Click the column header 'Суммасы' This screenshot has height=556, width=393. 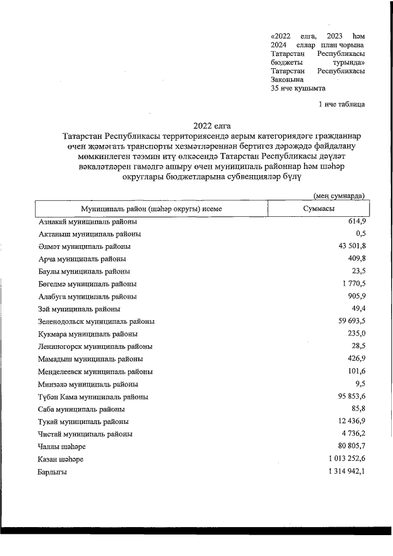pos(319,209)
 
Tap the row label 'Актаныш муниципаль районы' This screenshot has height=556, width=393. pos(90,234)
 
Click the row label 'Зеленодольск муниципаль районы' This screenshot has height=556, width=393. pos(96,321)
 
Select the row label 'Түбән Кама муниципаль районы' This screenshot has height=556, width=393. pos(93,397)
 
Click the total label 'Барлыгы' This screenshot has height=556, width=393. pos(53,472)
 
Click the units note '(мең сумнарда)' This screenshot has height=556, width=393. pos(340,195)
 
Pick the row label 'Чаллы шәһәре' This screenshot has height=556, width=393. pos(61,447)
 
